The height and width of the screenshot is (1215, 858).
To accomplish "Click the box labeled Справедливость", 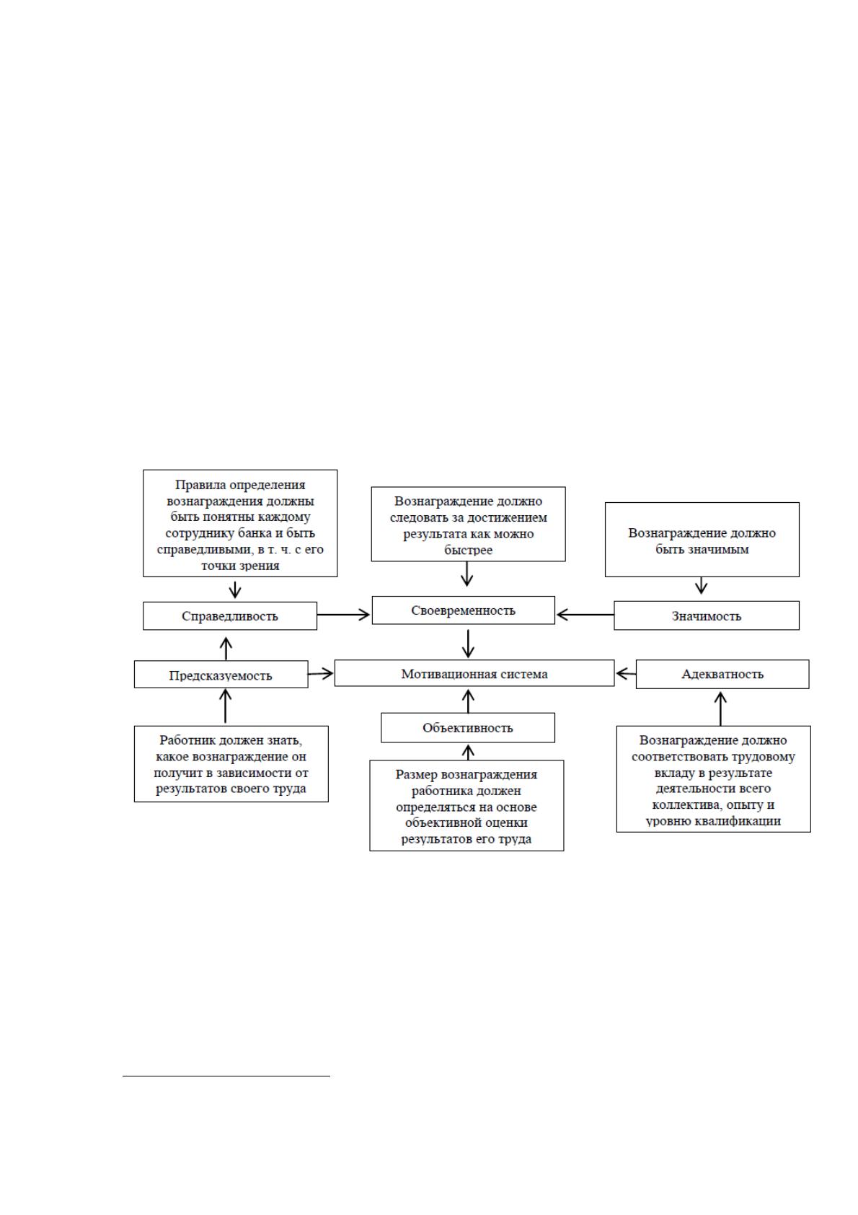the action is (x=230, y=615).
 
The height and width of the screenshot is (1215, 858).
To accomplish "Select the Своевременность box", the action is (x=464, y=610).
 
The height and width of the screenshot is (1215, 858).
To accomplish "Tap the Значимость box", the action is (x=707, y=615).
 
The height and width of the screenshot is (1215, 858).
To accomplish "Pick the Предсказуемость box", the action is (x=221, y=674).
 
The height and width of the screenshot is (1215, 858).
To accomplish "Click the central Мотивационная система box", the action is (x=474, y=673).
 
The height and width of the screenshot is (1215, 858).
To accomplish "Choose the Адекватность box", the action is (x=722, y=674).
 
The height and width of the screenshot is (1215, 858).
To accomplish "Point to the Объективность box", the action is (x=468, y=727).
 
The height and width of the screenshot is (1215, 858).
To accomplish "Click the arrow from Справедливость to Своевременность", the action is (x=343, y=615).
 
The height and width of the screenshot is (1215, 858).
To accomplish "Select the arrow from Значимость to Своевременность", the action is (x=585, y=615).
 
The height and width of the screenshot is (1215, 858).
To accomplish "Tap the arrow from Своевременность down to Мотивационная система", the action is (x=469, y=644).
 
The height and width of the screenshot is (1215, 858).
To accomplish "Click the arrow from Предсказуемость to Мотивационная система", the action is (x=321, y=674).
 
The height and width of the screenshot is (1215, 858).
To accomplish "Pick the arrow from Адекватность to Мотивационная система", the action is (x=626, y=674).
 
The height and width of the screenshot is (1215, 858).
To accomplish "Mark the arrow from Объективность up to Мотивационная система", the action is (x=469, y=701).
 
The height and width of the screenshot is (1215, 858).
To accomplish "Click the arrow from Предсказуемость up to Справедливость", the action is (x=226, y=648).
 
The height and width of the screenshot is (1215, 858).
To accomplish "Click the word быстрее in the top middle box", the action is (x=469, y=550).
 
